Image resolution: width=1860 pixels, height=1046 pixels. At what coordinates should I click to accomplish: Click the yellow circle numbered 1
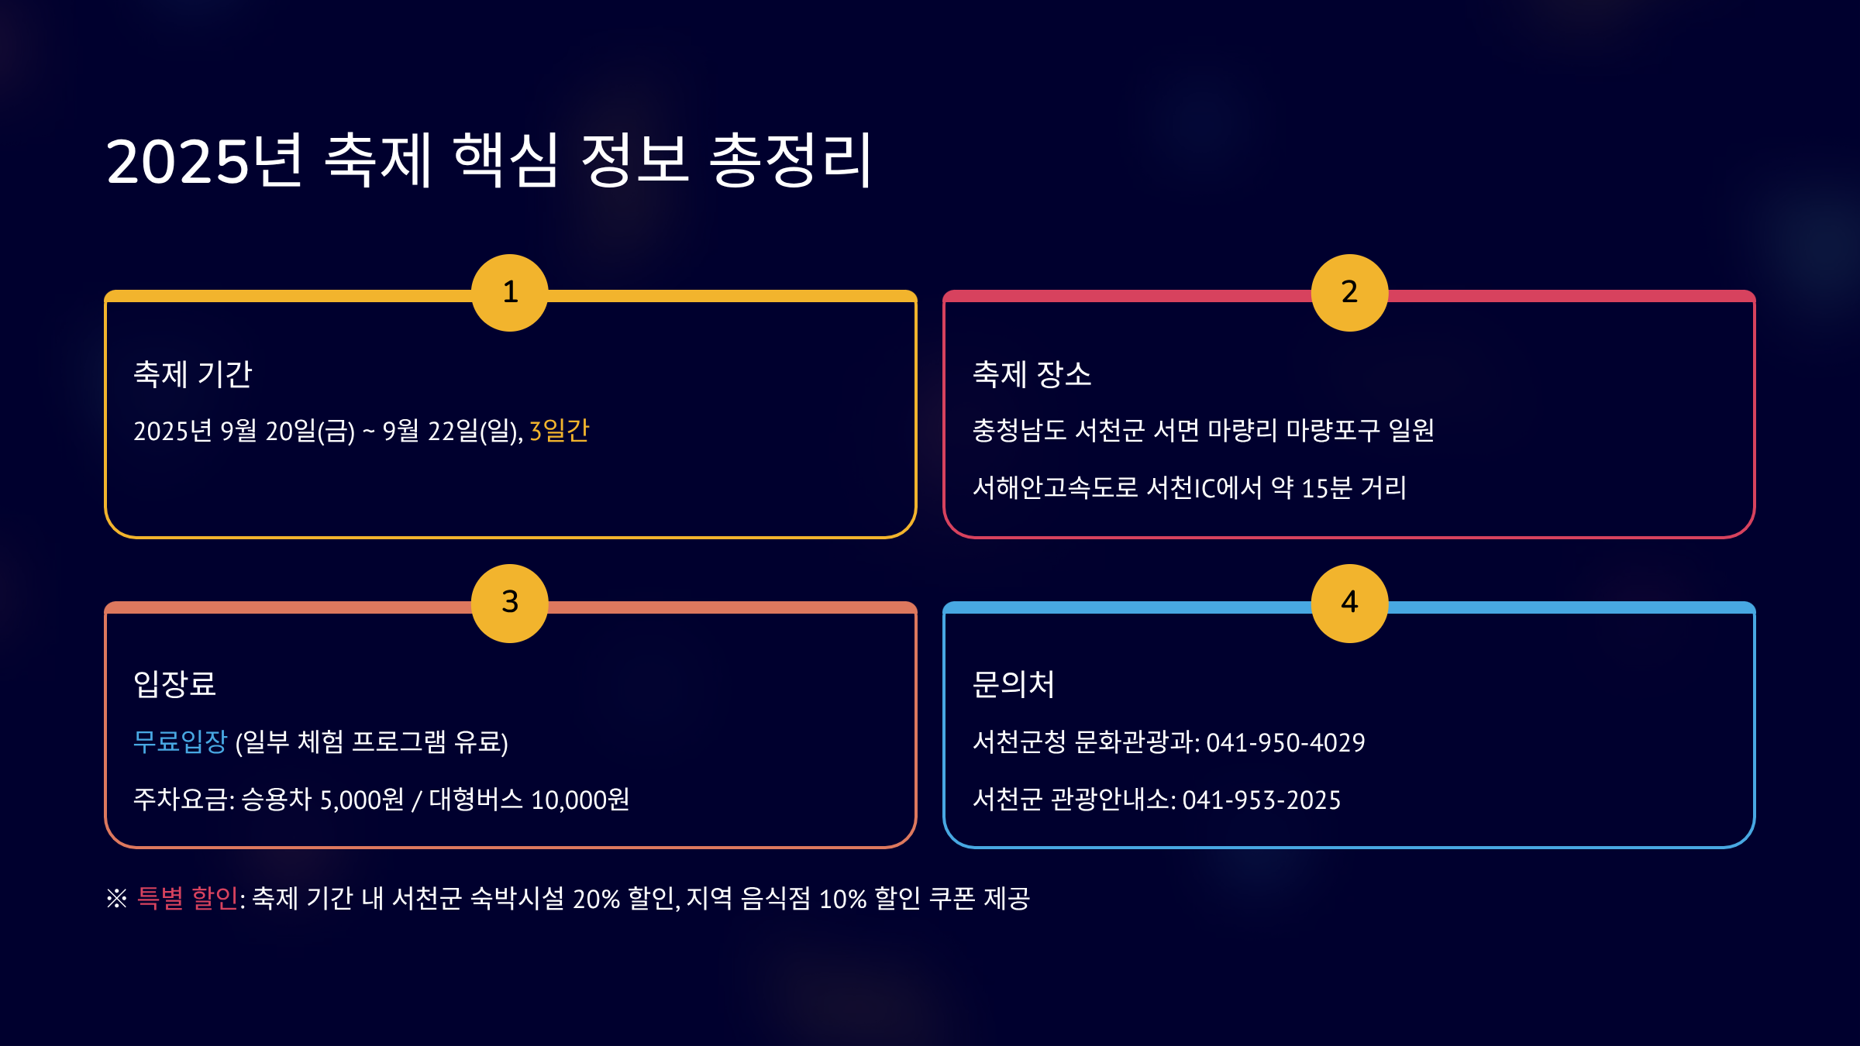coord(510,293)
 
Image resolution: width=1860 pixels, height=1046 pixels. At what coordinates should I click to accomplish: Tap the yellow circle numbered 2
coord(1349,293)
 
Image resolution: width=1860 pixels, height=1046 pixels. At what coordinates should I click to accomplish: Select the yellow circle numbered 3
coord(510,603)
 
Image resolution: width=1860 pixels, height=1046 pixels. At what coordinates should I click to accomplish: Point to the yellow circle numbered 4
coord(1349,603)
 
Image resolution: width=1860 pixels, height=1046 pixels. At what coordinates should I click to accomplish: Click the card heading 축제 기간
coord(193,374)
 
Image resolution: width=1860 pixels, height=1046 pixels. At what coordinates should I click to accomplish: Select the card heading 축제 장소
coord(1032,374)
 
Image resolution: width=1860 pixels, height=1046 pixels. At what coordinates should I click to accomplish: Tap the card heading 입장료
coord(174,684)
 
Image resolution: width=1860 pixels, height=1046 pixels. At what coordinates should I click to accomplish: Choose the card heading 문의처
coord(1013,684)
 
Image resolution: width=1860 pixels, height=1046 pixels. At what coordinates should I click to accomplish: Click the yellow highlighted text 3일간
coord(559,431)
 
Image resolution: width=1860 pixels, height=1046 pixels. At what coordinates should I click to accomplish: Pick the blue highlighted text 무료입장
coord(180,741)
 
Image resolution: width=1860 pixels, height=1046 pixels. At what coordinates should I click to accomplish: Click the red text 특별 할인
coord(187,898)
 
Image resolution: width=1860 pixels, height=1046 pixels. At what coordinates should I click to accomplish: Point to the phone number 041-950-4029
coord(1285,742)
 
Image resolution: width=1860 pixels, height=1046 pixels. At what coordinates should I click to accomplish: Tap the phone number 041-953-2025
coord(1261,800)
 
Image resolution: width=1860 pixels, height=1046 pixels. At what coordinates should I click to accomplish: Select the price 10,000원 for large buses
coord(580,800)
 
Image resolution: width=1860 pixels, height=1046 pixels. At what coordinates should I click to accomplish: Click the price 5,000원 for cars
coord(362,800)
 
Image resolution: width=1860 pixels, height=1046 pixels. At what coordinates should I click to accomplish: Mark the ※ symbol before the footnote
coord(117,899)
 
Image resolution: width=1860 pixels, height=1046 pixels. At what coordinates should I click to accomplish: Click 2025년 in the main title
coord(203,161)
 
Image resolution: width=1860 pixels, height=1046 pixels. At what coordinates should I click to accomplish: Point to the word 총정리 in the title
coord(791,161)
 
